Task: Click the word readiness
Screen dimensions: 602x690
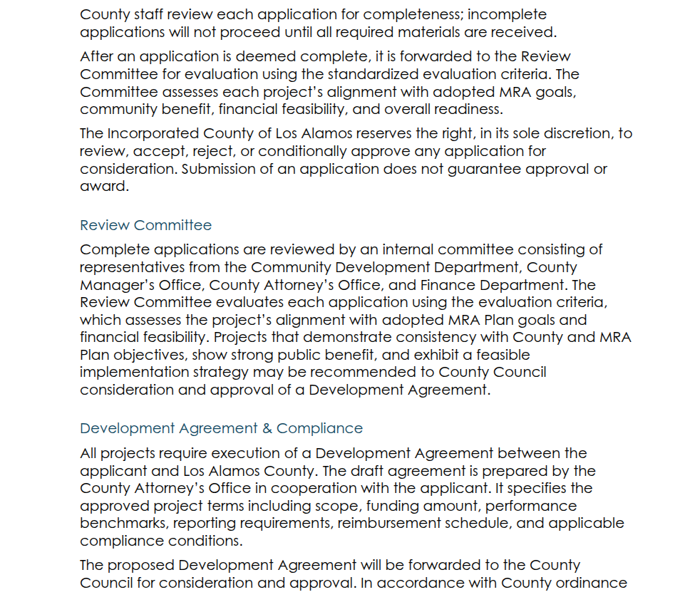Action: pyautogui.click(x=465, y=110)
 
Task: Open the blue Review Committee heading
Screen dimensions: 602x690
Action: pyautogui.click(x=145, y=225)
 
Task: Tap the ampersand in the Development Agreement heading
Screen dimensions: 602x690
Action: pyautogui.click(x=267, y=428)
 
